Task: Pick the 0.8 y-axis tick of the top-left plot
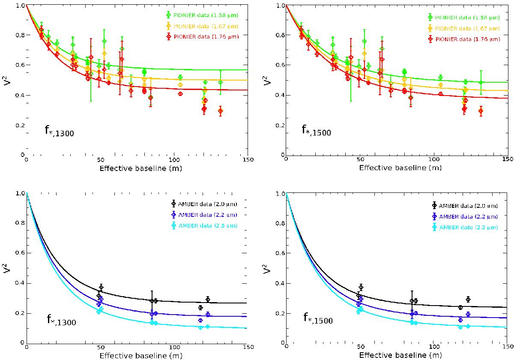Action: [19, 35]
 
